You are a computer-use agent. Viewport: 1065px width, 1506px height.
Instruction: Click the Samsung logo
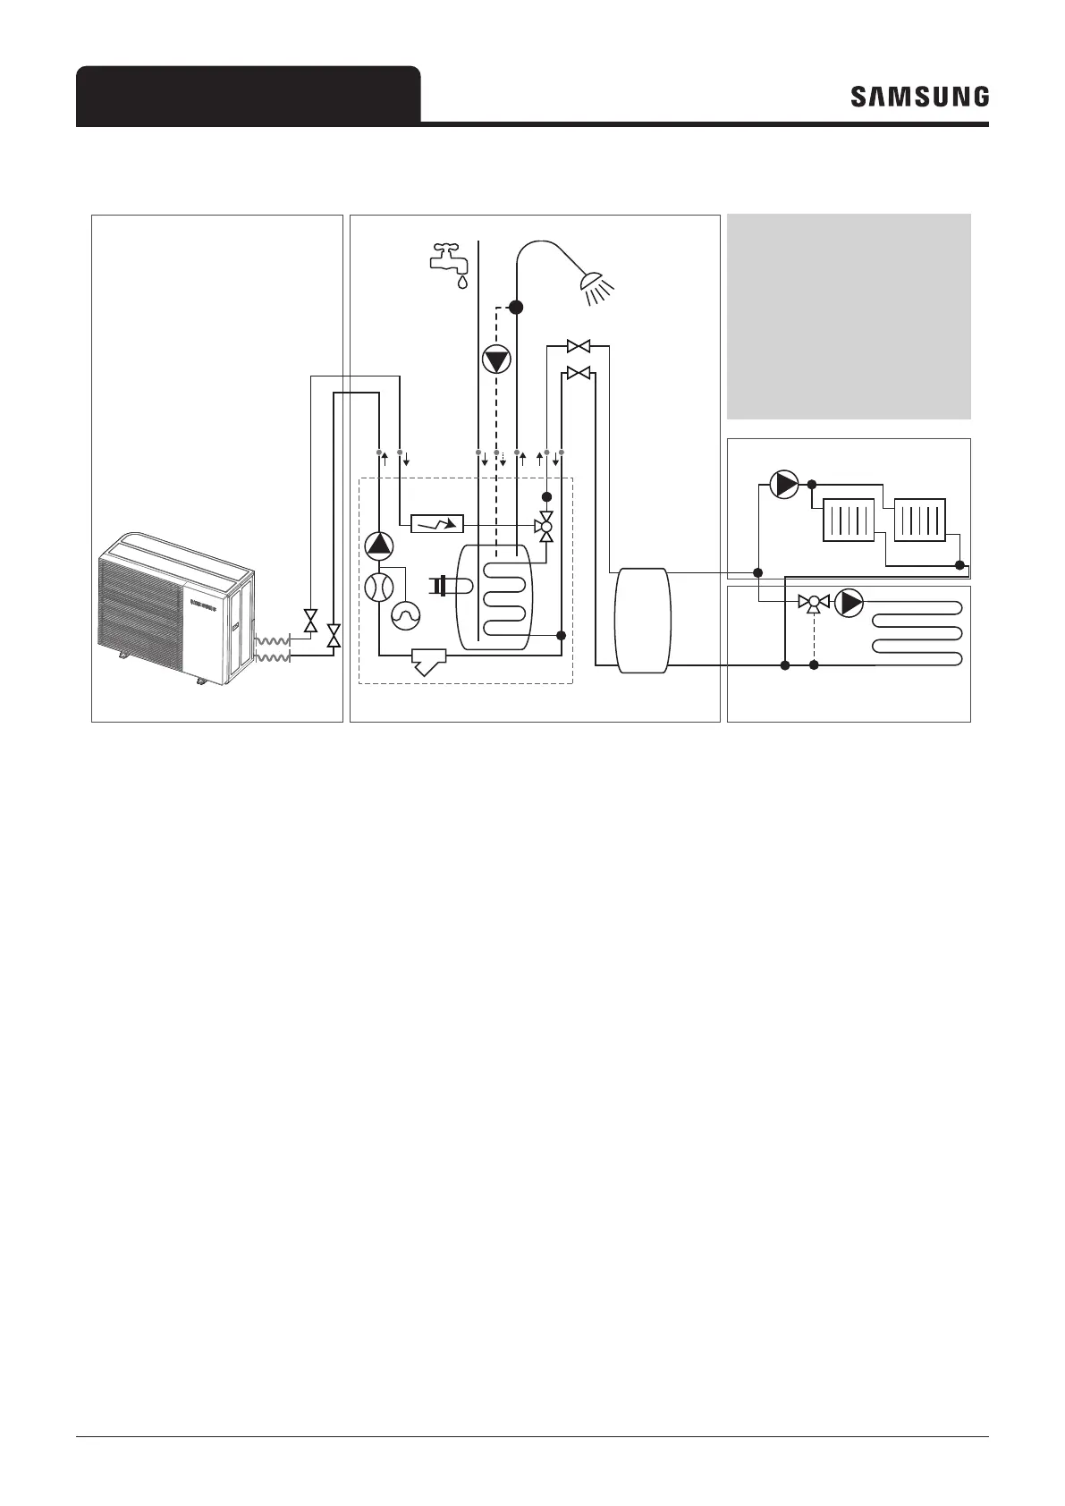919,97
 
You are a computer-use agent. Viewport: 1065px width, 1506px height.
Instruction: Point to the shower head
596,285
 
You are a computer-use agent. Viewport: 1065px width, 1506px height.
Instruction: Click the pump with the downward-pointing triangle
496,360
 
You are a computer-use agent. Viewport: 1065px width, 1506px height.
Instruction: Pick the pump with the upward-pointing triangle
378,545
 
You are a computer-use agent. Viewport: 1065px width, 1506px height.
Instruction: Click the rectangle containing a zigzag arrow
437,524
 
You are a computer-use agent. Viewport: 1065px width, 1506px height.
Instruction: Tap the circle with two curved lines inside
378,588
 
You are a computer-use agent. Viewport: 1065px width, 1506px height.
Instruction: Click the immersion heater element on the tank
444,586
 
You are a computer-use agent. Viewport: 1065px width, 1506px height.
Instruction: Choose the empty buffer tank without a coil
642,619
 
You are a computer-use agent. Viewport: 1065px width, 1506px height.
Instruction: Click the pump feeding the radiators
784,484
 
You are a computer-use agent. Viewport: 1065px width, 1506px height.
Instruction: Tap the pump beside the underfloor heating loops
849,604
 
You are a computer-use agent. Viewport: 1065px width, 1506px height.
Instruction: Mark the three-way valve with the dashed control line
814,603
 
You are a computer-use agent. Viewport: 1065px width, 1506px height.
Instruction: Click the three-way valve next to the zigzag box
545,527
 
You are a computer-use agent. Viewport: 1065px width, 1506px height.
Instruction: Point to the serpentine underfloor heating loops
918,633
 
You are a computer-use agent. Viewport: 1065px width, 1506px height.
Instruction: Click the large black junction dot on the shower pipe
516,307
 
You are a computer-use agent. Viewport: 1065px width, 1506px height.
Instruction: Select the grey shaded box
849,316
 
